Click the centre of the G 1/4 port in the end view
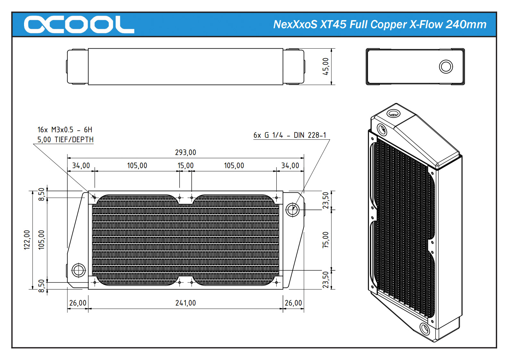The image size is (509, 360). [446, 67]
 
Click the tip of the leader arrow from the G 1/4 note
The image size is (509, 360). [293, 209]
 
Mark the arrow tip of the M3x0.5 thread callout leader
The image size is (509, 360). [95, 197]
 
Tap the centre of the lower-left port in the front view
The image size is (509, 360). [79, 270]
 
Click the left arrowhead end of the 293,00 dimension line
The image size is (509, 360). [68, 158]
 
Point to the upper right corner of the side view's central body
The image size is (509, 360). [283, 48]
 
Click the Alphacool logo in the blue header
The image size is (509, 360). [79, 24]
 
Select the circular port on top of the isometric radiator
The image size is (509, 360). [394, 113]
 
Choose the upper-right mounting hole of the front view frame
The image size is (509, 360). [276, 198]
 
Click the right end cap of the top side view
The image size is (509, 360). [294, 67]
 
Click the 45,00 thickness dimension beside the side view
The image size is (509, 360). [325, 66]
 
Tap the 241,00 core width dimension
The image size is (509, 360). [185, 303]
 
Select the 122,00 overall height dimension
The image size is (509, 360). [27, 240]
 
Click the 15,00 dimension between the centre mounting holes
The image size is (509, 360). [185, 165]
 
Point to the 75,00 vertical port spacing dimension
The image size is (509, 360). [325, 240]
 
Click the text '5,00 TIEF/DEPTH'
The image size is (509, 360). [65, 139]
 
